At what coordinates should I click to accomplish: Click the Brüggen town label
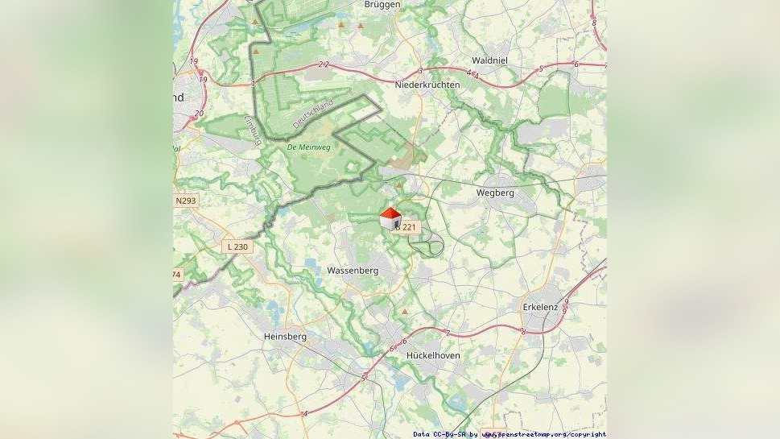click(382, 4)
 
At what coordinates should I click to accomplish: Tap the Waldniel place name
click(489, 60)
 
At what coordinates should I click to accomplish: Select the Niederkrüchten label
click(427, 85)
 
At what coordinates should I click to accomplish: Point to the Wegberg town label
click(495, 193)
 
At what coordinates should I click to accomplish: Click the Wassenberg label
click(353, 271)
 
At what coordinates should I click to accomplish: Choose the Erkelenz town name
click(540, 307)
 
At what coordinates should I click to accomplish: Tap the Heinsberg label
click(285, 337)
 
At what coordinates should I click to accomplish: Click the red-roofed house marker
click(390, 218)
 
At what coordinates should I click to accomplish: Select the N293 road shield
click(186, 200)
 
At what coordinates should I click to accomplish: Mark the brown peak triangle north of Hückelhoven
click(405, 311)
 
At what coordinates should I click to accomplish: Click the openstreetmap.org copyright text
click(543, 434)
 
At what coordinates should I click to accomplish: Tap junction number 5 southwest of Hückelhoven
click(363, 378)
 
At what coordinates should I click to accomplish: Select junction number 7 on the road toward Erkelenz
click(448, 333)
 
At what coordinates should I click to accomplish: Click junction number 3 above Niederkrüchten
click(420, 71)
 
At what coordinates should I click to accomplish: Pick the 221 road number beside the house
click(410, 228)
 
